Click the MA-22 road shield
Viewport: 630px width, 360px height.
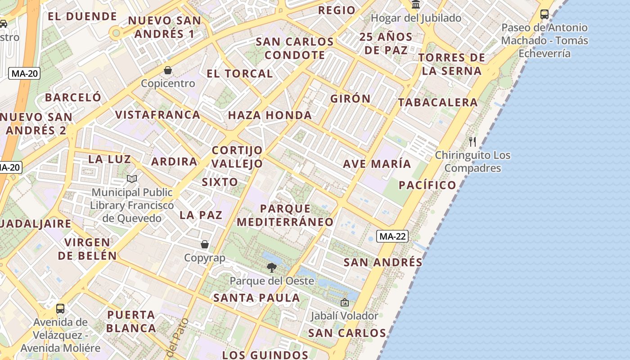392,236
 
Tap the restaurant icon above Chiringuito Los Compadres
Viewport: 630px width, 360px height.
472,142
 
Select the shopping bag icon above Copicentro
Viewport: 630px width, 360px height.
168,70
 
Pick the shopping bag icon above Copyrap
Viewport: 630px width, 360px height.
205,244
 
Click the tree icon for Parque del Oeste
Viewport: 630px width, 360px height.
271,268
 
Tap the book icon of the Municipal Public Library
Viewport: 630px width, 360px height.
132,179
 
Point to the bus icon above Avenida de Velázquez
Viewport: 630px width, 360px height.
60,309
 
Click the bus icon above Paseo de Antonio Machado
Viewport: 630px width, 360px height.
544,14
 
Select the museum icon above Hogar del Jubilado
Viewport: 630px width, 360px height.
416,5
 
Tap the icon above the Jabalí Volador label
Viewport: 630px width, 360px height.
345,302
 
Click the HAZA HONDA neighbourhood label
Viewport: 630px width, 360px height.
270,115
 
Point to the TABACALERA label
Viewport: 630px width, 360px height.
438,103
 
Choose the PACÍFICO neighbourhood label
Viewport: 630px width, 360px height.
427,185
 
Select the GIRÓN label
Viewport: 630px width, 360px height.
351,99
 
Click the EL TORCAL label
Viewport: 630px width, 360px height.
240,73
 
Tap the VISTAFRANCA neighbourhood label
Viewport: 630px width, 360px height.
157,115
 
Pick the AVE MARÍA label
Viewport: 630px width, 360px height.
377,164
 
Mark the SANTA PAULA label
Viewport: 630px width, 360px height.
256,297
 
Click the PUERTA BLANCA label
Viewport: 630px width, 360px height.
131,321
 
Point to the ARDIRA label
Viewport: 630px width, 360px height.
174,162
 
